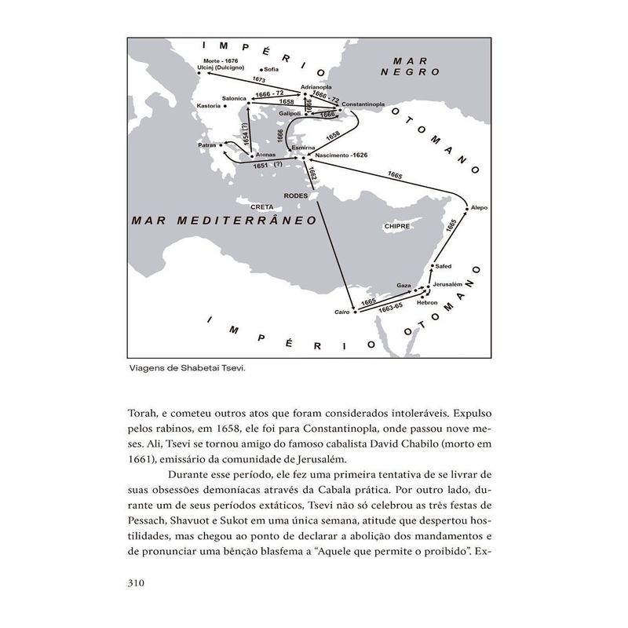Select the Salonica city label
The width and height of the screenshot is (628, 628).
pos(235,99)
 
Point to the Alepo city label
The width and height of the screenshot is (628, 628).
pos(480,207)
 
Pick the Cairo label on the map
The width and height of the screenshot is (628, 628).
pos(341,312)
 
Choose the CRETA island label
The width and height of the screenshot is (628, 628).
pos(261,206)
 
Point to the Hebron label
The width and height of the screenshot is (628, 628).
pos(427,301)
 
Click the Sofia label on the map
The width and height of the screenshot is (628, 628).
pos(272,69)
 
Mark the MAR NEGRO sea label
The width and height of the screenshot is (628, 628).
pos(414,65)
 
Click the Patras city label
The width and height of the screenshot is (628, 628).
pos(207,145)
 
